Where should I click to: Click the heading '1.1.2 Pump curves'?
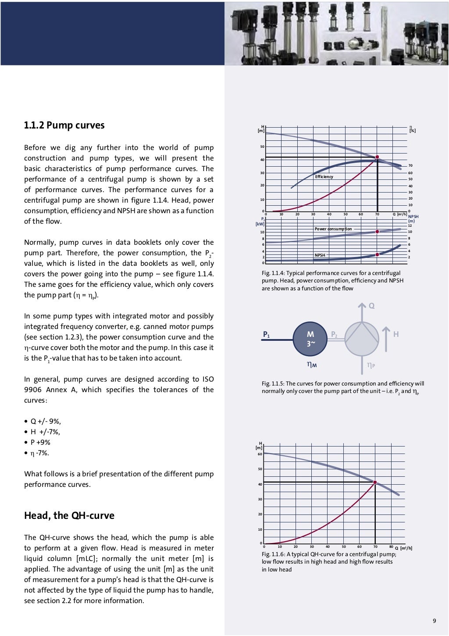[x=64, y=125]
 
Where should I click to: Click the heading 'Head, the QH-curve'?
[x=69, y=515]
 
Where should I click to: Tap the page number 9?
[x=434, y=620]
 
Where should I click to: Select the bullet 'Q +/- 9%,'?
[x=45, y=422]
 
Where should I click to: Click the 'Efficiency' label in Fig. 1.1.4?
[x=324, y=177]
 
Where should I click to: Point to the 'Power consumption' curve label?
[x=333, y=229]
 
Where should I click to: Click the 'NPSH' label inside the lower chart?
[x=320, y=255]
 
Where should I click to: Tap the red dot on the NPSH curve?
[x=377, y=254]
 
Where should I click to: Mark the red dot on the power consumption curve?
[x=377, y=232]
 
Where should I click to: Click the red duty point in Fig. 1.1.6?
[x=375, y=482]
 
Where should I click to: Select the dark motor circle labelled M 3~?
[x=310, y=339]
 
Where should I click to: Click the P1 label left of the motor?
[x=266, y=335]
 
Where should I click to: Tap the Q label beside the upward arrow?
[x=371, y=306]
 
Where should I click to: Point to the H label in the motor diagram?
[x=396, y=335]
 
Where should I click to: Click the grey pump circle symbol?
[x=362, y=339]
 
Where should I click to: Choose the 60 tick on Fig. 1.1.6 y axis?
[x=260, y=454]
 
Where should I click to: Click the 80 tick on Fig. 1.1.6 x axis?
[x=391, y=547]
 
